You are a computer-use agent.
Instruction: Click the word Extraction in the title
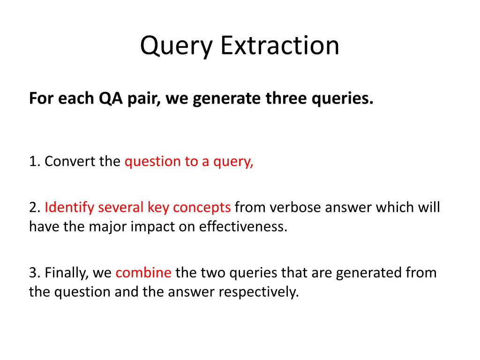click(280, 46)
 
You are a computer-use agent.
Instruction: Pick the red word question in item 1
click(152, 162)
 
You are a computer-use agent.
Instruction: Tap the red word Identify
click(69, 207)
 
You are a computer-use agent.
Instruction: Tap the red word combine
click(143, 272)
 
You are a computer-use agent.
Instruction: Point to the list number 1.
click(33, 161)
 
